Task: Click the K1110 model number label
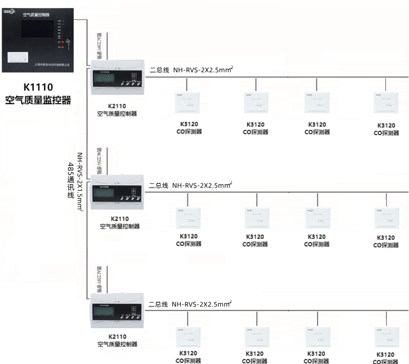pyautogui.click(x=38, y=87)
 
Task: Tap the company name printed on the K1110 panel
pyautogui.click(x=52, y=65)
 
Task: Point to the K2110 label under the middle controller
pyautogui.click(x=120, y=219)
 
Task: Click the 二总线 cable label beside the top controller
pyautogui.click(x=159, y=70)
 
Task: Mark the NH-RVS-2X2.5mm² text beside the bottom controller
pyautogui.click(x=201, y=304)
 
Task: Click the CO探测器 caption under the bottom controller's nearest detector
pyautogui.click(x=189, y=360)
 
